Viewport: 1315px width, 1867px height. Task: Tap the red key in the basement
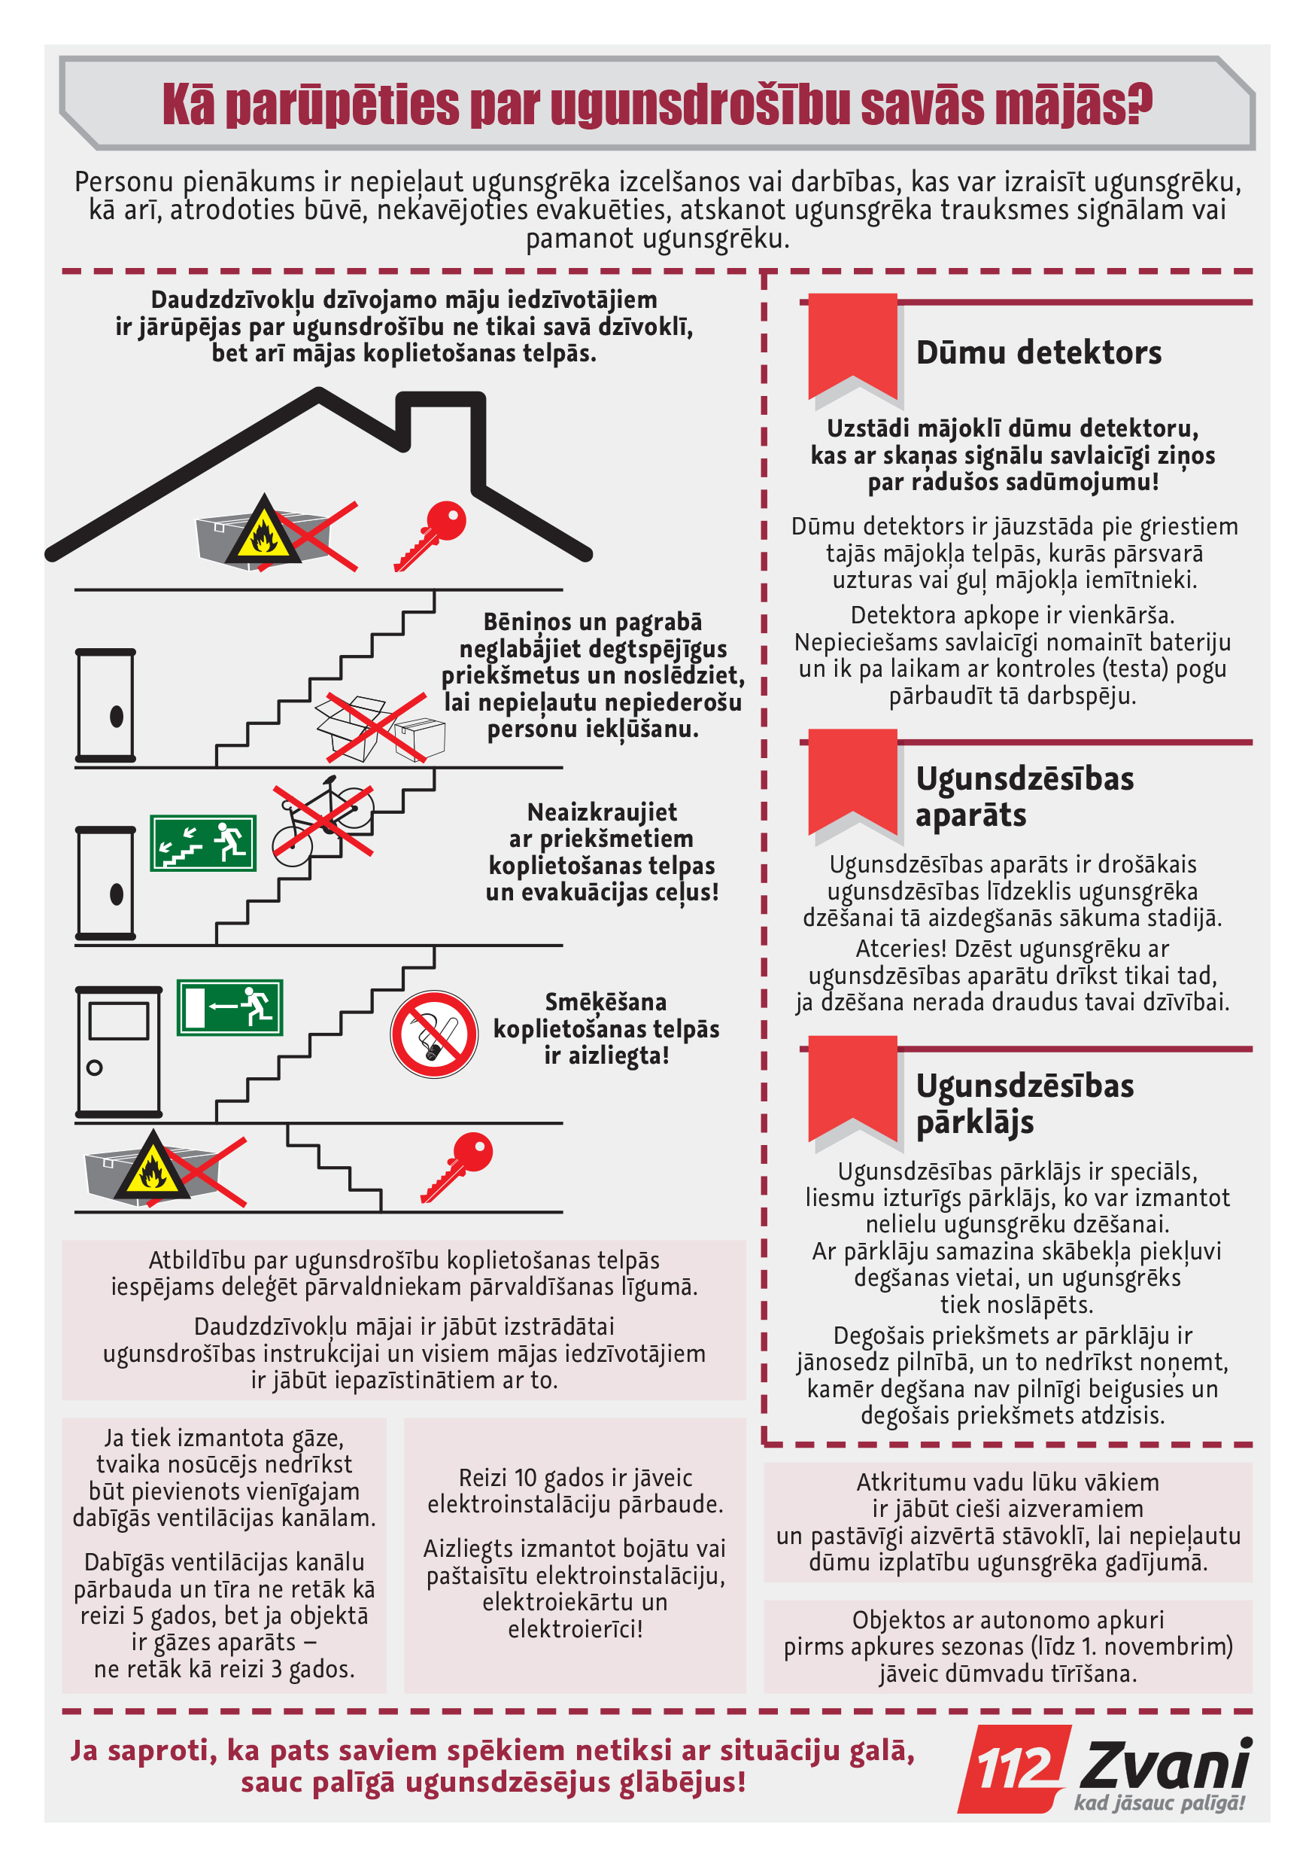457,1166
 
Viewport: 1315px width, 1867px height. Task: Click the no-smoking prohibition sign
434,1034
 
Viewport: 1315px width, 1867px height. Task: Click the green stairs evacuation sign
203,843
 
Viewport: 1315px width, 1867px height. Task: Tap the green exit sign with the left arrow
230,1007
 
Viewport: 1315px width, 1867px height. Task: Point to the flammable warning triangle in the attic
263,530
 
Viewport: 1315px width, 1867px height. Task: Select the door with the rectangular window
119,1052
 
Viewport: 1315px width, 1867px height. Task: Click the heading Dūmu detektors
1038,353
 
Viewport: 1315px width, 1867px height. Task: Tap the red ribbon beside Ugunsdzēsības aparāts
852,781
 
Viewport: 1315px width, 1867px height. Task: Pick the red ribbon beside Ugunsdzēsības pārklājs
852,1088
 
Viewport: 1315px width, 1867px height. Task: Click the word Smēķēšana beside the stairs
606,1002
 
